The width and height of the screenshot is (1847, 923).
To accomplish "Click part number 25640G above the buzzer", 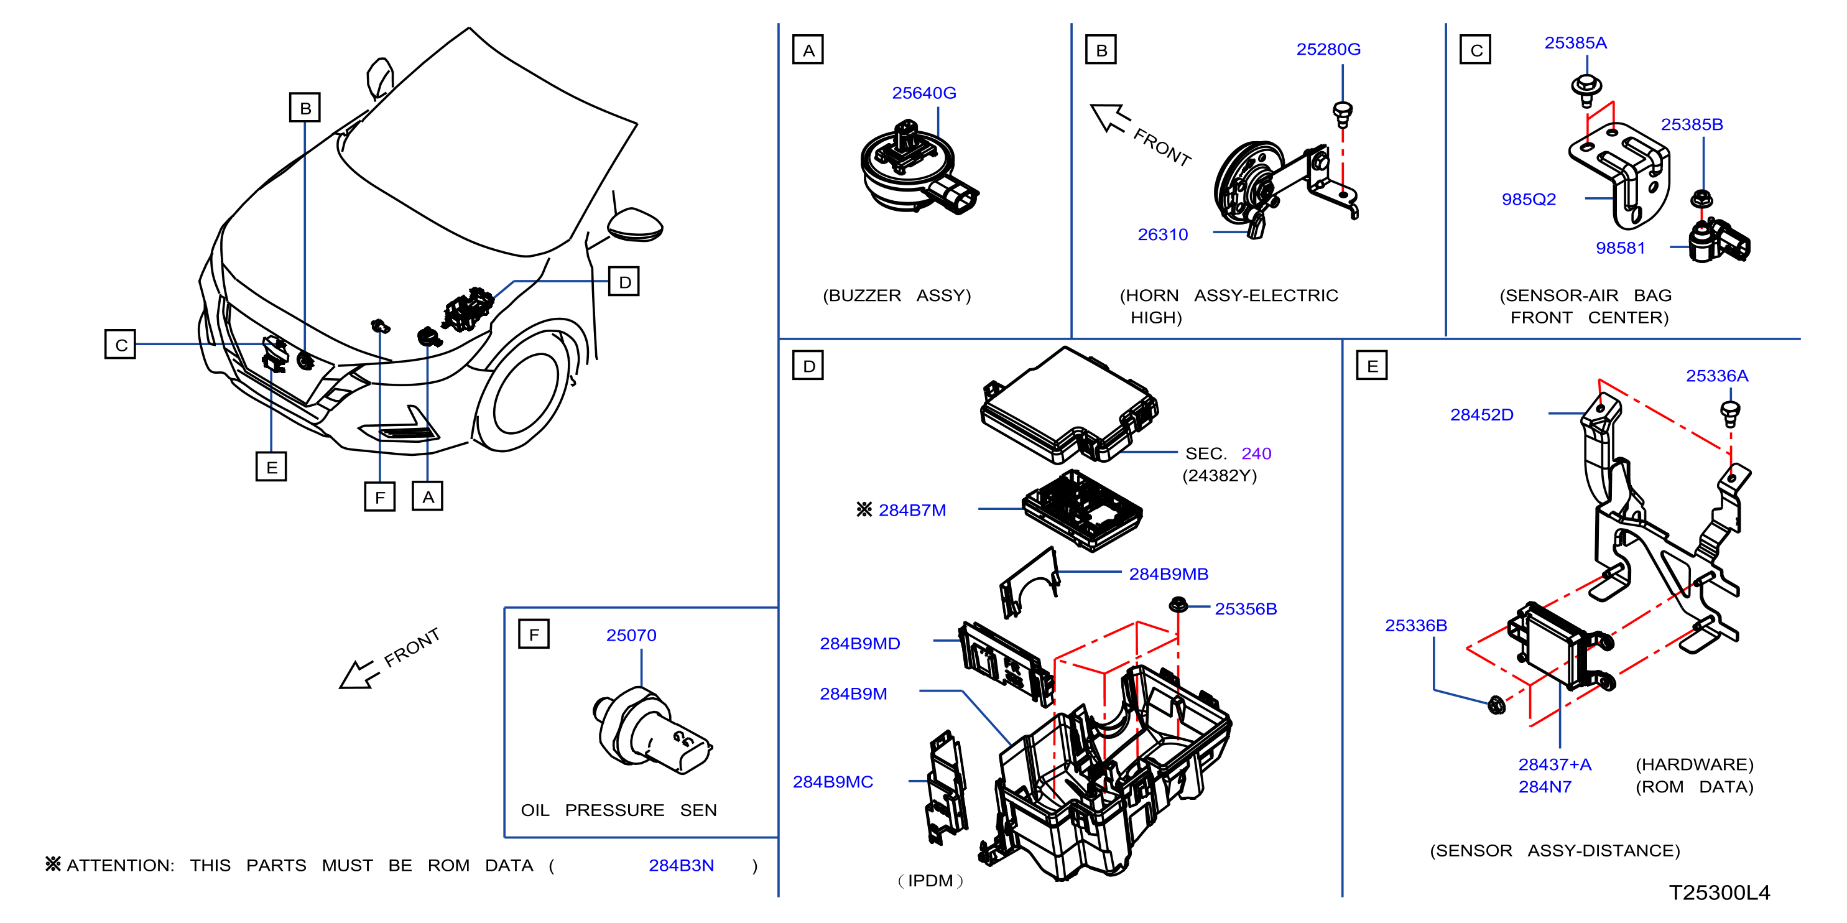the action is [924, 93].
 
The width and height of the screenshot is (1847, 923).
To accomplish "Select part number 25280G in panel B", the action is [1328, 50].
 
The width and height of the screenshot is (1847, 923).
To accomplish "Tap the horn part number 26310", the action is [1162, 234].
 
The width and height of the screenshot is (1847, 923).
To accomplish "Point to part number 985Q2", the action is [1529, 200].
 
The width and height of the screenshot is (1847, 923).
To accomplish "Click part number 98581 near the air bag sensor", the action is [1620, 248].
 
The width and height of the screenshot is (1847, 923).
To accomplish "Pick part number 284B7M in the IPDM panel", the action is [912, 510].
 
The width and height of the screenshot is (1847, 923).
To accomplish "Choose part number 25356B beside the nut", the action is [1246, 609].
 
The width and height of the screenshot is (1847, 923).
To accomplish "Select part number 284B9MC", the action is [833, 782].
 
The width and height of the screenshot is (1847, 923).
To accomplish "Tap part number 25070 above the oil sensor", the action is [631, 636].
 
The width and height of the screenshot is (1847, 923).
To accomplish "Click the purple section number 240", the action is [1256, 453].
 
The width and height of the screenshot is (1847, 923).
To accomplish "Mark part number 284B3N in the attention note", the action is [681, 866].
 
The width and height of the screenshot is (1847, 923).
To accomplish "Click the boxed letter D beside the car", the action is [624, 282].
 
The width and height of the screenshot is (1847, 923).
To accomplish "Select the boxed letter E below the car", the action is [271, 467].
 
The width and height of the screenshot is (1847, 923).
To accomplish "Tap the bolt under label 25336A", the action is [1730, 414].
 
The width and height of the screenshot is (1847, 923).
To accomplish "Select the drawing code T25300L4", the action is [1720, 893].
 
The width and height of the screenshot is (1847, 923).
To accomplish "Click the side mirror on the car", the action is [636, 224].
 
